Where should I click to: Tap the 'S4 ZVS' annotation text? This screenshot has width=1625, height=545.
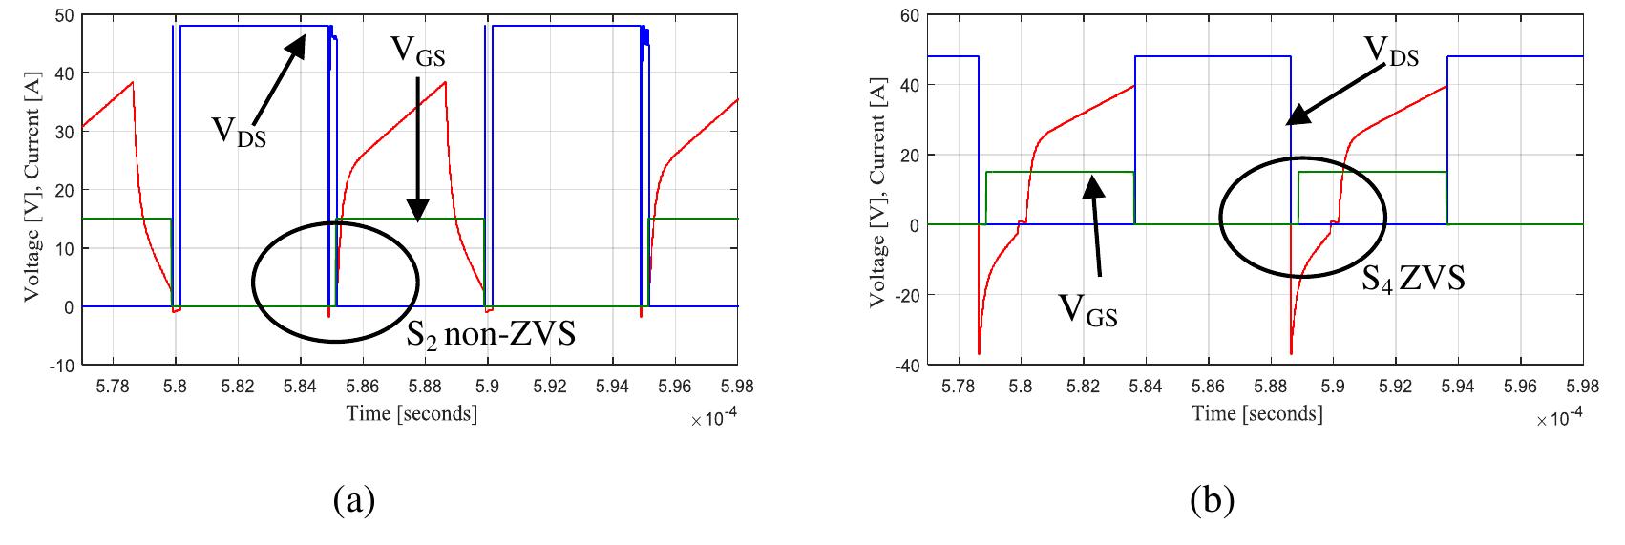[x=1413, y=279]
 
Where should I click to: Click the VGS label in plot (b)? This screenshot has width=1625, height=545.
[x=1088, y=310]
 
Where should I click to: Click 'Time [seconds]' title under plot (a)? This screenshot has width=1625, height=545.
[x=412, y=413]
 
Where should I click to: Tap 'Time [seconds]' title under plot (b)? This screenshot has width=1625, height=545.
[x=1257, y=413]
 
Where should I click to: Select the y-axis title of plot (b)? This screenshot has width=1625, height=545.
[x=876, y=190]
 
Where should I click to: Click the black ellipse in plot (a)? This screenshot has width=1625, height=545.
[x=335, y=282]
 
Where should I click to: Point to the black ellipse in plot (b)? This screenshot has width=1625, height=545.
[x=1303, y=218]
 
